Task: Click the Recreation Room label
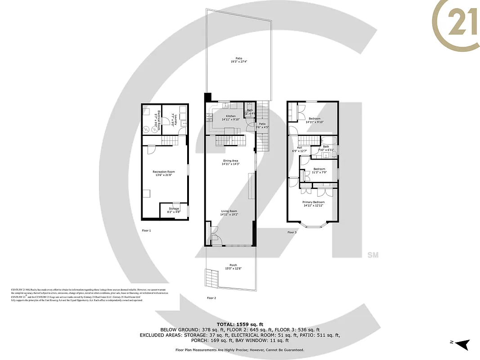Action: coord(164,172)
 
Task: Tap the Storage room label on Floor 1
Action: coord(174,209)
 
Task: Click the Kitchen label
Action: coord(230,116)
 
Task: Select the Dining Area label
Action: coord(230,161)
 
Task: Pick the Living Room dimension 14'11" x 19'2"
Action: coord(229,215)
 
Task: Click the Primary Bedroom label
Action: coord(313,202)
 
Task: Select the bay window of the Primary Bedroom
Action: coord(313,225)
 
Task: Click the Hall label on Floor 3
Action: coord(299,147)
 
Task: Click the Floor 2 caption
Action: coord(211,298)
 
